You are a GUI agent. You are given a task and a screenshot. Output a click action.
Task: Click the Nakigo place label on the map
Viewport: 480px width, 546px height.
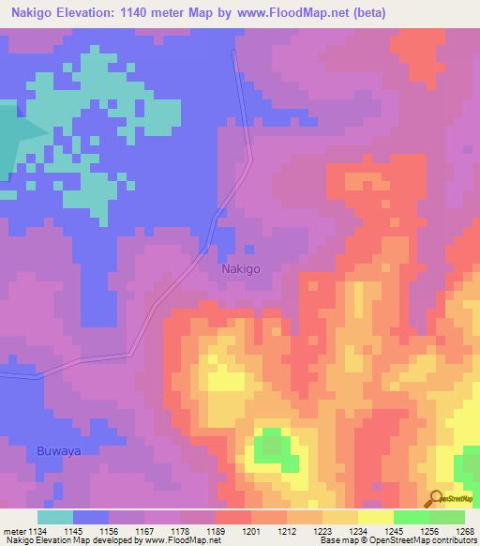[241, 268]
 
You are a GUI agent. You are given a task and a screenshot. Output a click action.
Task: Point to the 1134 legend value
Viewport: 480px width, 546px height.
[37, 532]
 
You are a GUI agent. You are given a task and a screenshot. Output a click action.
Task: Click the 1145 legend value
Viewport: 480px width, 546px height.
[72, 532]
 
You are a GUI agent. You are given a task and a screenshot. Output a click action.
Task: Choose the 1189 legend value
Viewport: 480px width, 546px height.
[215, 532]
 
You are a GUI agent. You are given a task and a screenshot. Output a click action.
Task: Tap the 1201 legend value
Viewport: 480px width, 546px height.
[250, 532]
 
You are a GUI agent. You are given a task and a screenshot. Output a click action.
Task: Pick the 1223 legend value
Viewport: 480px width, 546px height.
[322, 532]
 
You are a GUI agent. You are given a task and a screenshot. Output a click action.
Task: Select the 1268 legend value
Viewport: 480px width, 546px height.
[464, 532]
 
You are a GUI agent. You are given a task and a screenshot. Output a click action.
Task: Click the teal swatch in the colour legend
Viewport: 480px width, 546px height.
[55, 517]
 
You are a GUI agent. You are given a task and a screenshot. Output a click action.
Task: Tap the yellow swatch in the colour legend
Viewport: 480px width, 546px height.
[375, 517]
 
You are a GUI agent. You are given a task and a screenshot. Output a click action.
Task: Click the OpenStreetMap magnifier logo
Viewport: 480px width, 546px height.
[435, 498]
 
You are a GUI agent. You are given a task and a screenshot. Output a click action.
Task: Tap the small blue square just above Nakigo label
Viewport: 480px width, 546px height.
[248, 250]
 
